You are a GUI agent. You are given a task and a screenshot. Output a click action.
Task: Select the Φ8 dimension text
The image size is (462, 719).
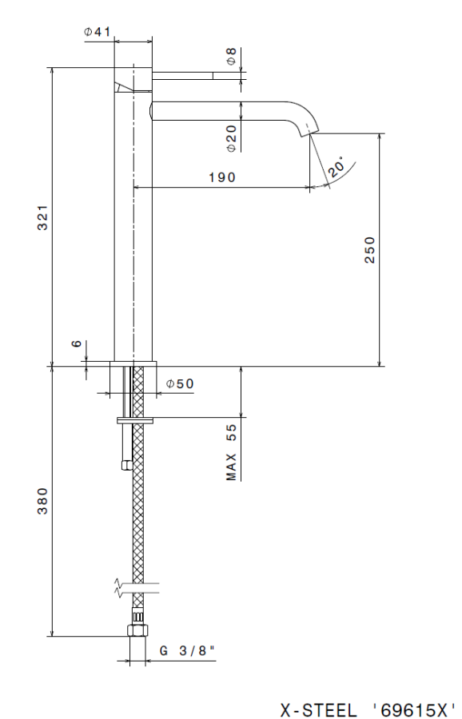coord(231,57)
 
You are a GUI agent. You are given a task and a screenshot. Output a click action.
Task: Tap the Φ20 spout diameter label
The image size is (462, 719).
coord(231,138)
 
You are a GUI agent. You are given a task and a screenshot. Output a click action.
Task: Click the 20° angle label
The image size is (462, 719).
coord(336,167)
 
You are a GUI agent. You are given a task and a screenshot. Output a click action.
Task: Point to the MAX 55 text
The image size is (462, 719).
coord(232,452)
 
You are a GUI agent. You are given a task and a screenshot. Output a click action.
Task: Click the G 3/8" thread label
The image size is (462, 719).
coord(188,651)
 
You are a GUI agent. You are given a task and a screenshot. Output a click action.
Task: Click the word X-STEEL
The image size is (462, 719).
coord(320,708)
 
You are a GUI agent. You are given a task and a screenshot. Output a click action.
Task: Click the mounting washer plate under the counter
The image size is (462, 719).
coord(136,419)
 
